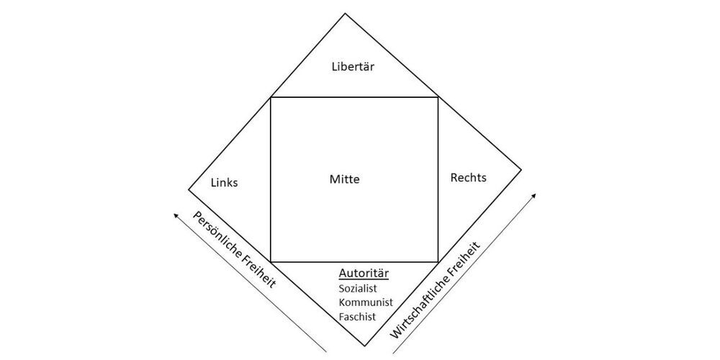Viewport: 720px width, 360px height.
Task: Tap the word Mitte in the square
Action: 343,179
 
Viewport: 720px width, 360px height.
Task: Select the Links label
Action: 224,182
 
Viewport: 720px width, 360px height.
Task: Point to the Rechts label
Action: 468,177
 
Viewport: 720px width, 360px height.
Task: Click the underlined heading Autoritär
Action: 364,274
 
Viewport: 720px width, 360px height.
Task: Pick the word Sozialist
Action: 358,289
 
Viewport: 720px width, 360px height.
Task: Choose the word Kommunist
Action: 364,302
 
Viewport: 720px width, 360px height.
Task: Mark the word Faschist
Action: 357,317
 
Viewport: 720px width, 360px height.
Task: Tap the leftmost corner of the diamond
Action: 189,190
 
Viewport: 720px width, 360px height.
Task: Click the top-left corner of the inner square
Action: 271,97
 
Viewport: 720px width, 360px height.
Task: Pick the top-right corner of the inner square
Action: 438,97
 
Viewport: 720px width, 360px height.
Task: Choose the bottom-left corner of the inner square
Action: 271,261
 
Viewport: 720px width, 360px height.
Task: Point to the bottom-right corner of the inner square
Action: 438,261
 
